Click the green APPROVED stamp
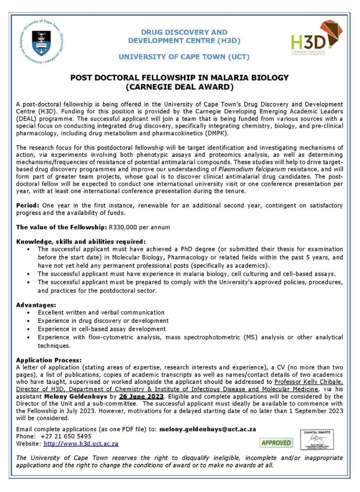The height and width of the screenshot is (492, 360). point(275,442)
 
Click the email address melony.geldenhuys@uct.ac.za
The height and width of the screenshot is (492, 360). point(208,429)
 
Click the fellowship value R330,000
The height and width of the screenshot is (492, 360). point(123,227)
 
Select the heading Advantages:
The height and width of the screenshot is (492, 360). point(36,305)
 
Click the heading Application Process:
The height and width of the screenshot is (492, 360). point(49,360)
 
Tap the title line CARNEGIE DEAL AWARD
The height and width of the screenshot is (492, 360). point(179,87)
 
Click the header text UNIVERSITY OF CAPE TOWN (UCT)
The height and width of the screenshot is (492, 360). point(184,57)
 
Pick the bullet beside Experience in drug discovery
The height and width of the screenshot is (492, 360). point(29,321)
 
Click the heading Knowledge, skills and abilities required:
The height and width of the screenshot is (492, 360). point(81,242)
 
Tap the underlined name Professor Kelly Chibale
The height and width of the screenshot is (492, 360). point(308,382)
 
